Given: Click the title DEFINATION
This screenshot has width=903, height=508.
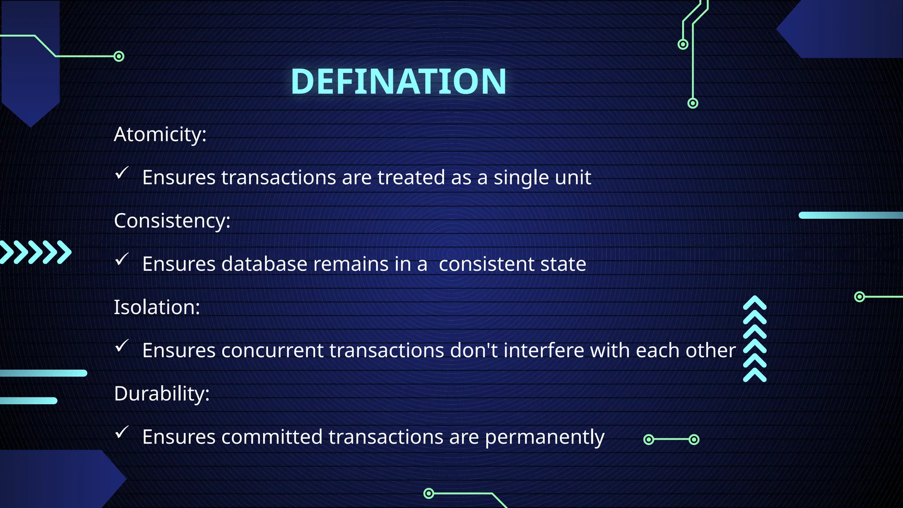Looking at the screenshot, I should pos(399,82).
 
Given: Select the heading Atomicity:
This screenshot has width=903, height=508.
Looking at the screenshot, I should pos(160,134).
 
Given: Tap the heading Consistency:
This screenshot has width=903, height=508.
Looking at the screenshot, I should pos(172,220).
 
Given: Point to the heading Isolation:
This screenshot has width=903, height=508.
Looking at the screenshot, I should pos(157,307).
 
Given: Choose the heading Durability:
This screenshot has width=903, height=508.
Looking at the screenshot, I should pos(161,393).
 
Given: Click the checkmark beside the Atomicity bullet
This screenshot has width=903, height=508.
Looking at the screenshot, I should pos(122,173).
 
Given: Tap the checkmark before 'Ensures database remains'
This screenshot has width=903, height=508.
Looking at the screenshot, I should pos(122,259).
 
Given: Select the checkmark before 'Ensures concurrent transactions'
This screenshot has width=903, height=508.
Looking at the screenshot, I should pos(122,346).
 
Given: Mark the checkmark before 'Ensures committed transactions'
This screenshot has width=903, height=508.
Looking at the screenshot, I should pos(122,432).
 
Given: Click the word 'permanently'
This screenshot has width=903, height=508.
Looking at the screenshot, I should pos(545,437).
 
